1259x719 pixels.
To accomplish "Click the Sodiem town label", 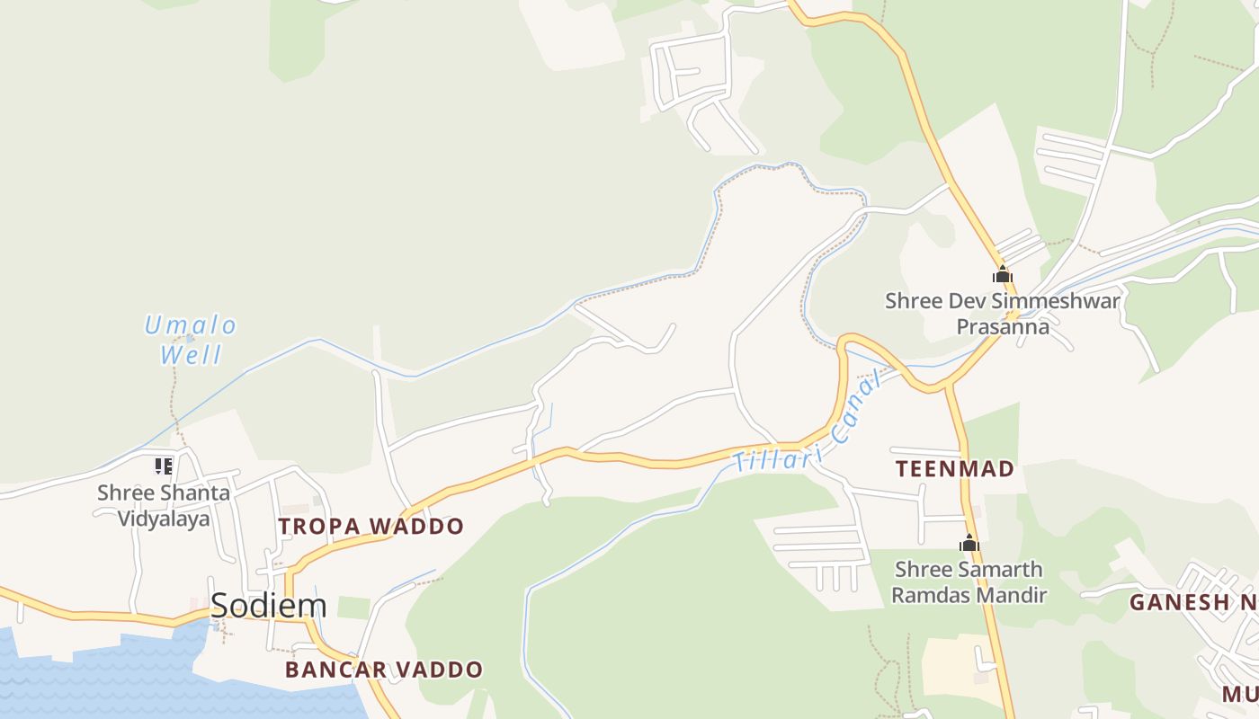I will click(x=268, y=606).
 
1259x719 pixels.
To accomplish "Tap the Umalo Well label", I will click(x=191, y=339).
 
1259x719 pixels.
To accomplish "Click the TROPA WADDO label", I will click(x=371, y=526).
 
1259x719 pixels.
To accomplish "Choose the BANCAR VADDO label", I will click(x=384, y=670).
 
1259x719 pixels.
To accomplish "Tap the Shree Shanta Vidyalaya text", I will click(x=164, y=505).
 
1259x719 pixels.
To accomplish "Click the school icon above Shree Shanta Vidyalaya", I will click(x=163, y=466).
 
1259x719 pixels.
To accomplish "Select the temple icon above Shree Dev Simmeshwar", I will click(x=1002, y=274).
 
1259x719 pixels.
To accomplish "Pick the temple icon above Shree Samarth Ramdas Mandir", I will click(x=969, y=543).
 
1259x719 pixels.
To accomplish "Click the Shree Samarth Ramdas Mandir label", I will click(x=969, y=581).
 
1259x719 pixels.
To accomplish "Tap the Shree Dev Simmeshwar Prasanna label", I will click(x=1003, y=313).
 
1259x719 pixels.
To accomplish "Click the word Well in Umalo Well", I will click(x=191, y=355).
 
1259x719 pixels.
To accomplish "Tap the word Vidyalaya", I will click(x=164, y=519).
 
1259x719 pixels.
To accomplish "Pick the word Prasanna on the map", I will click(x=1003, y=326).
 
